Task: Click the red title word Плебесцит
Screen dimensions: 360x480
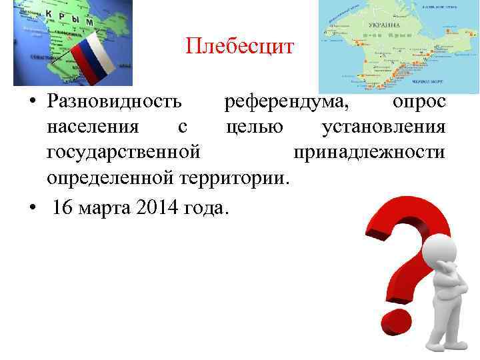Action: click(239, 46)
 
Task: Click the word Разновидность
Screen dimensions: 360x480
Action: click(113, 101)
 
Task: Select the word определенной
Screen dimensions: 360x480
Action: click(111, 177)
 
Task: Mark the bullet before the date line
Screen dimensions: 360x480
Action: click(32, 207)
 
